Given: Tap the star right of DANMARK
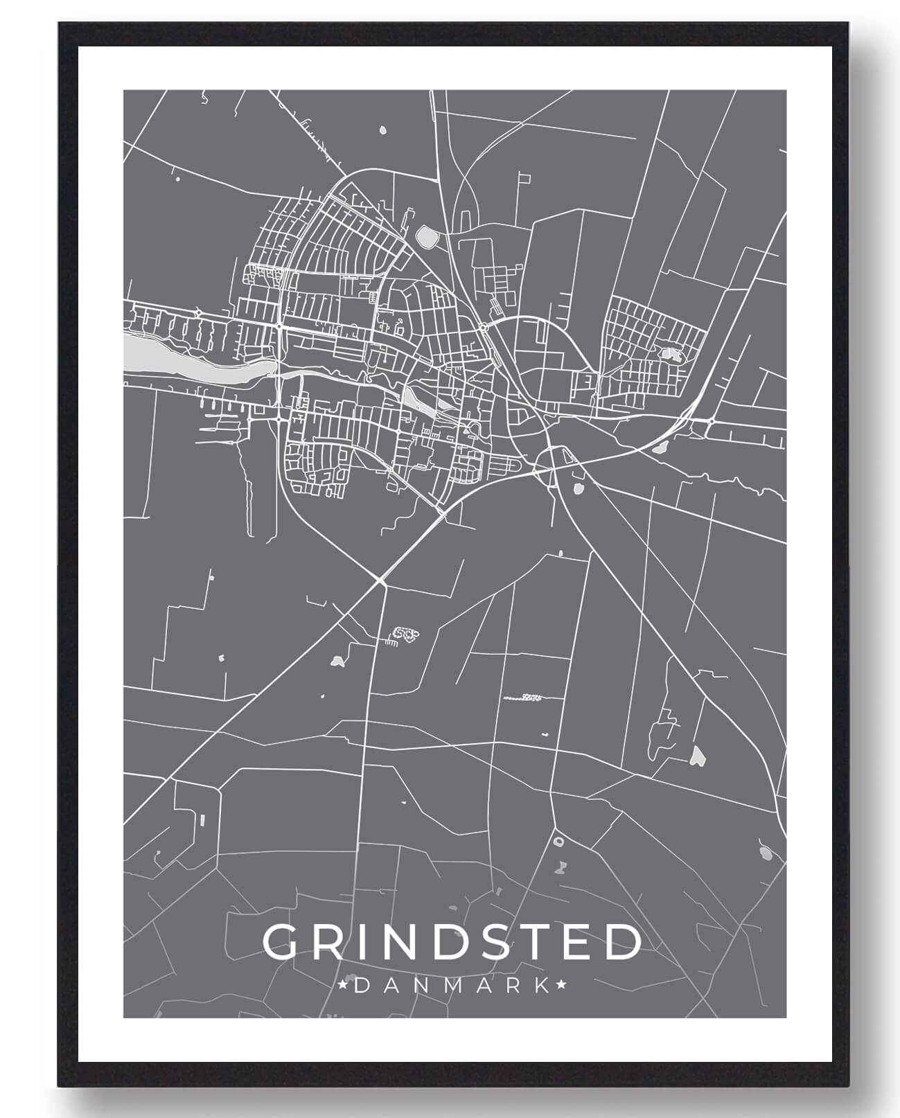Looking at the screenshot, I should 561,984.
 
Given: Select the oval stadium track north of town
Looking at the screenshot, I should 427,238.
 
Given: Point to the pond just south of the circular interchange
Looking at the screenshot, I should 576,490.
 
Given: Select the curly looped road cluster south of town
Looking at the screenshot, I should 405,633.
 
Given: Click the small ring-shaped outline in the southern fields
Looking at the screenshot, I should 559,841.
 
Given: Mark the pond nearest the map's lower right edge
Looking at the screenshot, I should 765,853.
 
